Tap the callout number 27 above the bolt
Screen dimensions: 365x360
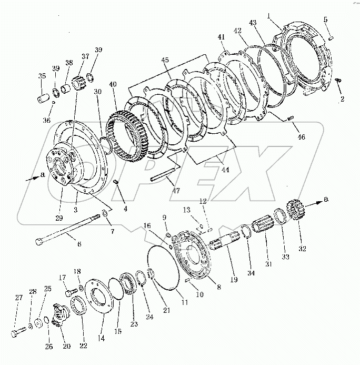[19, 298]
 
